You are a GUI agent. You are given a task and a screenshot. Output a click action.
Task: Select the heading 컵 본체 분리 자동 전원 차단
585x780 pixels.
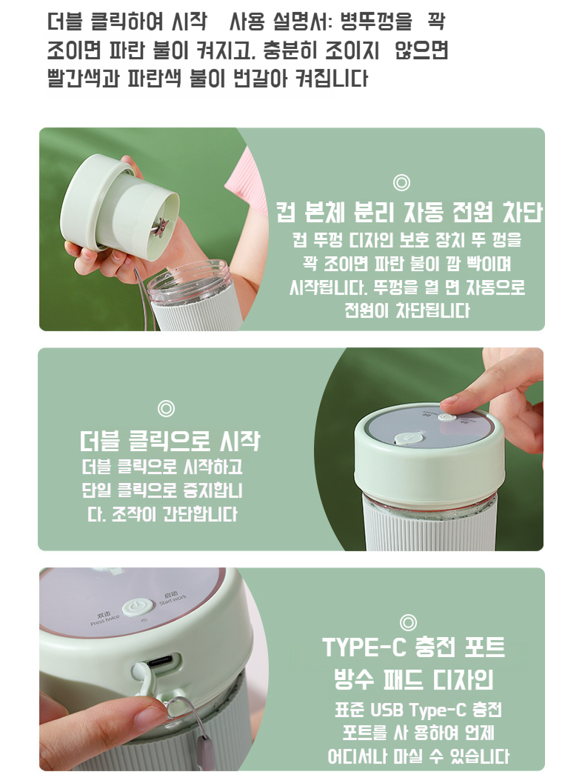click(x=409, y=213)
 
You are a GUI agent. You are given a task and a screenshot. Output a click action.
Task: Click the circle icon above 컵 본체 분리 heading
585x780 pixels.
click(x=401, y=182)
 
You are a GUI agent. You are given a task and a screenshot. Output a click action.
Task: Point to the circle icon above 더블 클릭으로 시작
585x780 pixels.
click(x=166, y=408)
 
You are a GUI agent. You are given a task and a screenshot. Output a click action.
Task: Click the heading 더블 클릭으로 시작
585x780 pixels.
click(x=170, y=441)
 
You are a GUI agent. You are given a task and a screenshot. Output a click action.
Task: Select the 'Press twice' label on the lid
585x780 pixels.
click(x=105, y=619)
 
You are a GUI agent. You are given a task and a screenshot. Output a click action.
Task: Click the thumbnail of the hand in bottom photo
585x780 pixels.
click(x=148, y=716)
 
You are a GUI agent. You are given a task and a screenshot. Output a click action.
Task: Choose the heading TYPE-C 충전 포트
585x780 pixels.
click(x=413, y=647)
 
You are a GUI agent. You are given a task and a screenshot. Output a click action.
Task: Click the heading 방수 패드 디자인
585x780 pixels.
click(x=413, y=679)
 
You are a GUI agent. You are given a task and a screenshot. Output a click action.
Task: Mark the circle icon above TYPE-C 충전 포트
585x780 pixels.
click(x=408, y=622)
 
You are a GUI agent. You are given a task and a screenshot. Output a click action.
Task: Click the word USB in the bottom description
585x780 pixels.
click(x=389, y=710)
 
